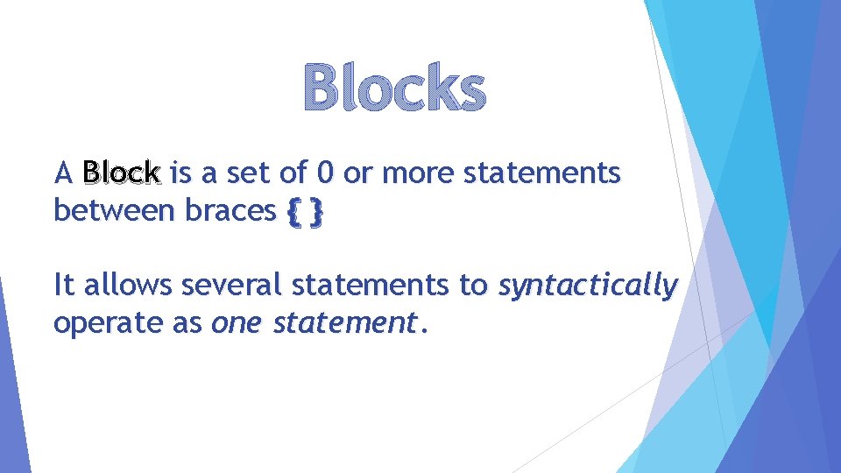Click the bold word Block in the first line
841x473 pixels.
(121, 173)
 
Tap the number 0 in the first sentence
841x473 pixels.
(325, 173)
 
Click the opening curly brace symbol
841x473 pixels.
(292, 211)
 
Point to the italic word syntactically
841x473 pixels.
(588, 286)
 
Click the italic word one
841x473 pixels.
(237, 323)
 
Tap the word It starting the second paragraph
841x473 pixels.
(63, 286)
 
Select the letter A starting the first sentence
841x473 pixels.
(61, 173)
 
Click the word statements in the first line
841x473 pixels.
(541, 173)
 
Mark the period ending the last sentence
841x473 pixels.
(425, 331)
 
